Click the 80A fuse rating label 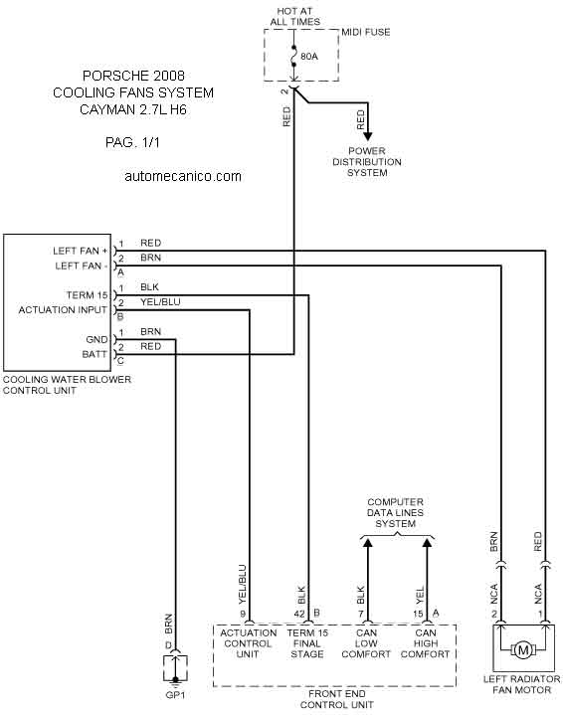point(309,57)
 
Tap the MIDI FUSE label point(366,33)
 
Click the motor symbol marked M point(523,650)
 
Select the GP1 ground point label point(175,695)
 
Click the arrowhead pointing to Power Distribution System point(368,136)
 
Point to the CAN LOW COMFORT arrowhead point(367,542)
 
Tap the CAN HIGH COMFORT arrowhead point(427,542)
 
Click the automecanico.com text point(183,176)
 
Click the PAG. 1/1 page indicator point(132,143)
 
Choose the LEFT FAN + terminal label point(81,251)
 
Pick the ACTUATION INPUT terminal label point(63,310)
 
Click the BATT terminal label point(94,354)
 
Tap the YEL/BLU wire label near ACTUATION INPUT point(160,302)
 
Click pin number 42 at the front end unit point(299,614)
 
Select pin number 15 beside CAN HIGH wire point(418,614)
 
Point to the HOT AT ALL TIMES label point(295,17)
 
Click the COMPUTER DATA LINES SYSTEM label point(395,513)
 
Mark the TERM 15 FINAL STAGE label point(307,643)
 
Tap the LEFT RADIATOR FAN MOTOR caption point(521,685)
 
